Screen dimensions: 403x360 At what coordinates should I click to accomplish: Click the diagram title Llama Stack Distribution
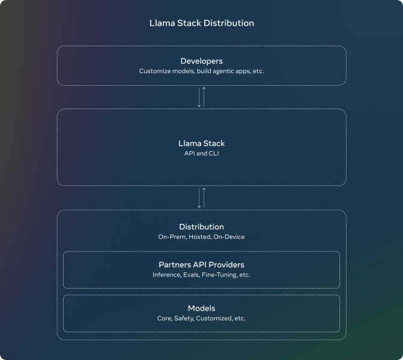[202, 23]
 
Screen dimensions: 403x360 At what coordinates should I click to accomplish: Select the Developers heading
[202, 61]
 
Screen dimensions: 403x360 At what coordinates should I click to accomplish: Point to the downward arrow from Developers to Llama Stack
[199, 97]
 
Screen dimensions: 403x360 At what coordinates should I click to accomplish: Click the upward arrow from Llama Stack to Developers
[204, 97]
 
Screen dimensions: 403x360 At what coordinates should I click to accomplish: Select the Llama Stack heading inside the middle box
[202, 143]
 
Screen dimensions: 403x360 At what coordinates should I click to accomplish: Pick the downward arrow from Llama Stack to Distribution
[199, 198]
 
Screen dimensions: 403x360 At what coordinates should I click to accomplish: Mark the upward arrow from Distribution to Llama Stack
[204, 198]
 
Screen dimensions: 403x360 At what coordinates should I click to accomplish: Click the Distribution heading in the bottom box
[202, 227]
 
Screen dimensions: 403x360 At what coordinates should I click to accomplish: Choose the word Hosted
[200, 237]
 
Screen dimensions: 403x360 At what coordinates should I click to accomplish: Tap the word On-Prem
[172, 237]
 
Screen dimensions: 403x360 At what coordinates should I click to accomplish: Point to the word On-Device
[229, 237]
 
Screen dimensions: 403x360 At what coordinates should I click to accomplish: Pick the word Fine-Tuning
[219, 275]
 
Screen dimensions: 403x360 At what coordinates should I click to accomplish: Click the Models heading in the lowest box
[202, 308]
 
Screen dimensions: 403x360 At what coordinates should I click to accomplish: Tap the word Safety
[184, 319]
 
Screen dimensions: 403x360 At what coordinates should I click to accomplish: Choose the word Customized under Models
[214, 319]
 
